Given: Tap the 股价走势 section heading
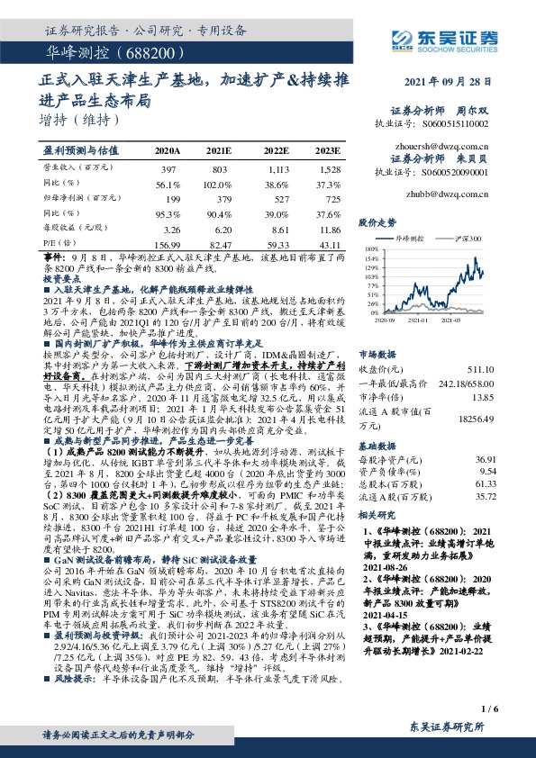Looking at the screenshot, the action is click(377, 221).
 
